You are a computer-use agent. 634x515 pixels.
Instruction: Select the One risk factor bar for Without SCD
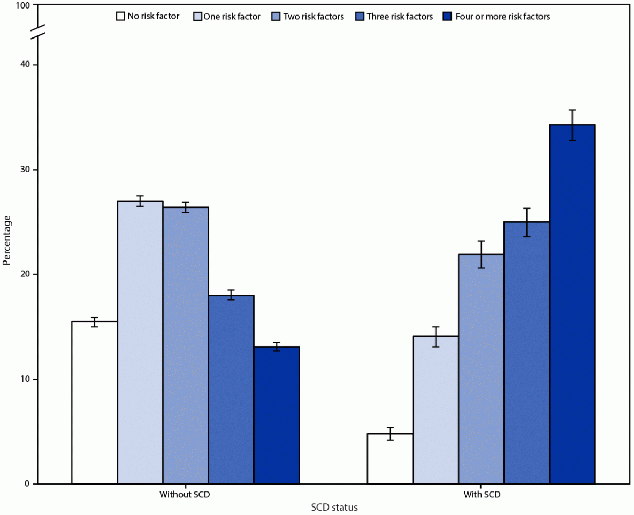click(140, 342)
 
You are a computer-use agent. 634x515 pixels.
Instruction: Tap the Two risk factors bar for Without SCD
click(186, 345)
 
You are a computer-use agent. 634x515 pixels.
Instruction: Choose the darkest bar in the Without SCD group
click(277, 415)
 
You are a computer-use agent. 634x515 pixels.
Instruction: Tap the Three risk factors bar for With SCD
click(526, 353)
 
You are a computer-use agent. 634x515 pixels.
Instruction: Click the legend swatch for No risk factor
click(120, 17)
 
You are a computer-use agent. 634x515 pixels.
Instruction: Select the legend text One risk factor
click(232, 17)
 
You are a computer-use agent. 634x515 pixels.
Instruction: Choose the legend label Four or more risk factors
click(502, 17)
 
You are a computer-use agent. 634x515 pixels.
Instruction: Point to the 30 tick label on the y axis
click(25, 170)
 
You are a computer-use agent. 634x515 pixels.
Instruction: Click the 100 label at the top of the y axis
click(23, 5)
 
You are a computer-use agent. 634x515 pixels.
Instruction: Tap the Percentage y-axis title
click(7, 240)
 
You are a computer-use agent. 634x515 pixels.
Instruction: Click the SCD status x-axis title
click(334, 507)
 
